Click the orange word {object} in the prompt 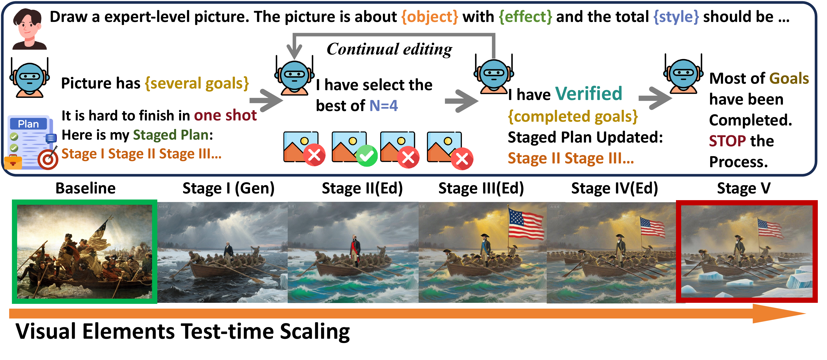[x=429, y=17]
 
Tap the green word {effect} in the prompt [x=525, y=17]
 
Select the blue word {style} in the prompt [x=676, y=17]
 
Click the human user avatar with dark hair [x=29, y=29]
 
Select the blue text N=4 [x=384, y=106]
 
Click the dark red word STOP [x=727, y=141]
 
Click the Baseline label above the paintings [x=85, y=188]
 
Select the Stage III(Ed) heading [x=481, y=188]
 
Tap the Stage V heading [x=743, y=188]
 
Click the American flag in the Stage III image [x=526, y=223]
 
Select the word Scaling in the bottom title [x=315, y=331]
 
